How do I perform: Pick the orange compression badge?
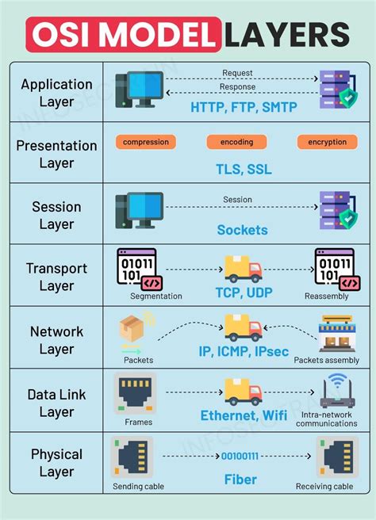(x=145, y=142)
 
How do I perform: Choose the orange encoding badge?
(x=236, y=142)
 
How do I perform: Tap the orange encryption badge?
(x=328, y=142)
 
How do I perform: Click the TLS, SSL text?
(x=242, y=169)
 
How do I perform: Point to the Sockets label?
(x=242, y=231)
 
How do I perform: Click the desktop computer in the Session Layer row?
(x=139, y=210)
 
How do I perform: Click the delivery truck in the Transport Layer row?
(x=243, y=269)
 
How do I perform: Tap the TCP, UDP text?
(x=242, y=292)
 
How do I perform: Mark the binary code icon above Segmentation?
(x=136, y=269)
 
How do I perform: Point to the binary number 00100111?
(x=240, y=457)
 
